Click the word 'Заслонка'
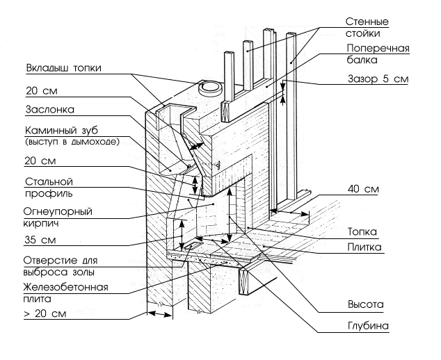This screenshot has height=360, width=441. (x=50, y=109)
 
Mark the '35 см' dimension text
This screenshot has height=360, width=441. (x=40, y=242)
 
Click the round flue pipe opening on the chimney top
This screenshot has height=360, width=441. (x=207, y=87)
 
